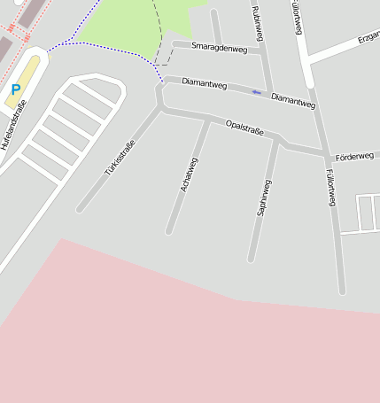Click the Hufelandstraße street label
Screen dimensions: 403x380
[x=15, y=124]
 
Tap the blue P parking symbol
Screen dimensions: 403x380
[x=15, y=89]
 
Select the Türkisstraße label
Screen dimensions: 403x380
[x=120, y=158]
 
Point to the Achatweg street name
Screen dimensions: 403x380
[x=189, y=174]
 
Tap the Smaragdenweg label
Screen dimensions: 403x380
[x=219, y=47]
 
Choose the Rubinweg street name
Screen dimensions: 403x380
[x=258, y=24]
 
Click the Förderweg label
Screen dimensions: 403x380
[x=354, y=156]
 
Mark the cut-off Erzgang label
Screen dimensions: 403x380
[x=368, y=39]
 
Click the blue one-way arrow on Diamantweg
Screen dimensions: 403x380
[x=256, y=92]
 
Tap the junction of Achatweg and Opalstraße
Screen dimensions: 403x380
[x=208, y=118]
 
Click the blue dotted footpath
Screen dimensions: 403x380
[x=106, y=46]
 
